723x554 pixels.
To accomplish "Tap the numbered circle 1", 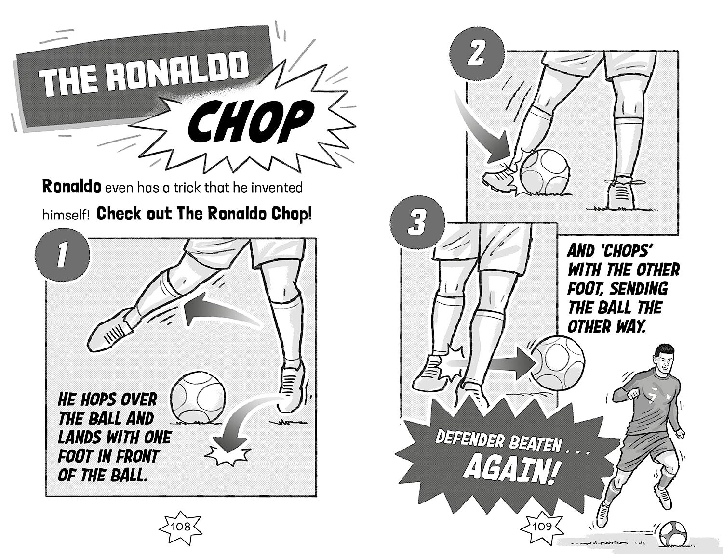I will pyautogui.click(x=62, y=255).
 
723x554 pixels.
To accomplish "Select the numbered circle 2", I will pyautogui.click(x=477, y=52).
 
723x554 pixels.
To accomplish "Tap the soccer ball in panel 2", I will pyautogui.click(x=544, y=172).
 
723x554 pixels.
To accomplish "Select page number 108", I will pyautogui.click(x=181, y=526).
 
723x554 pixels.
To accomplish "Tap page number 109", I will pyautogui.click(x=542, y=526).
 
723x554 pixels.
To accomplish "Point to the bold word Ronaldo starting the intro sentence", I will pyautogui.click(x=71, y=187).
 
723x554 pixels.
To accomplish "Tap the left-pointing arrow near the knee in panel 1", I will pyautogui.click(x=217, y=313).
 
